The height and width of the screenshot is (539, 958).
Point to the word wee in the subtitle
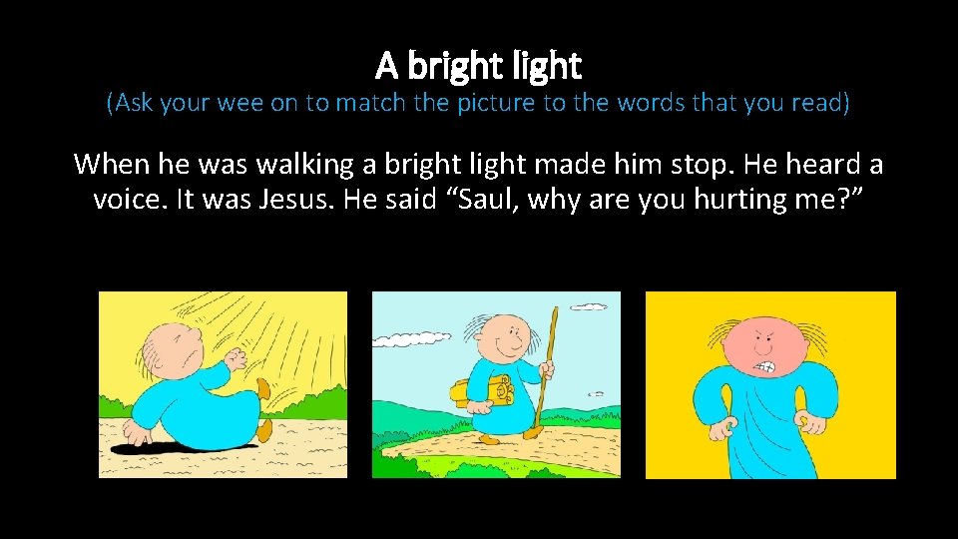tap(239, 103)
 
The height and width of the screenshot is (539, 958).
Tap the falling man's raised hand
tap(237, 357)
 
